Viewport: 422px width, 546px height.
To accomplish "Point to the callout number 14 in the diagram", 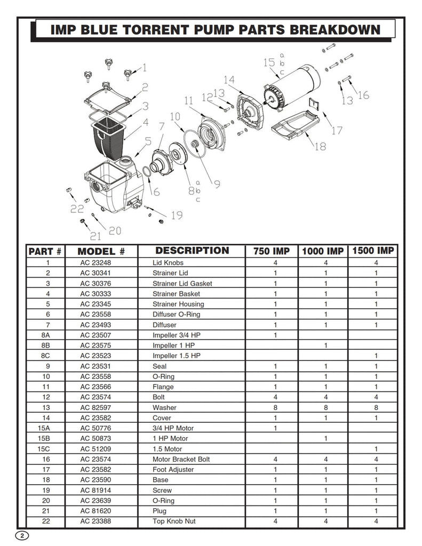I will point(229,80).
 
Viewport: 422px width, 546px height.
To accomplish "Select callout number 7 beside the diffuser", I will point(161,126).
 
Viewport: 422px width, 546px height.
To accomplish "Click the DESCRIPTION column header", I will point(192,251).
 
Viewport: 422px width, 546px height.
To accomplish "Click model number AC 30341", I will point(97,273).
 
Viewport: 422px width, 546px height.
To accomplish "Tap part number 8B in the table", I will point(46,346).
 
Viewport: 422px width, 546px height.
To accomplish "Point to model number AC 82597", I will point(97,407).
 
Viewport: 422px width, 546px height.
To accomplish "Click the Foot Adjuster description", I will point(173,470).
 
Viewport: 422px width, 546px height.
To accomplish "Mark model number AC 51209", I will point(97,449).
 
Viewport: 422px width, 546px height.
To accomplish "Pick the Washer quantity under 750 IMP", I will point(275,407).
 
